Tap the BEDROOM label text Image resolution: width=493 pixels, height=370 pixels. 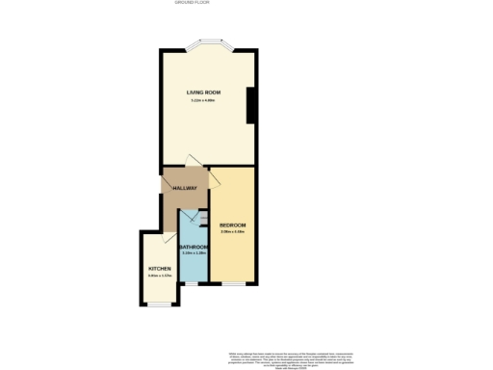[x=233, y=225]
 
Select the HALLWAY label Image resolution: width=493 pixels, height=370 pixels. [x=185, y=187]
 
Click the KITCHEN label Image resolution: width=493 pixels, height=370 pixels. [x=159, y=268]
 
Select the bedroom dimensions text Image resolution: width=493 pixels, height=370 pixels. [x=233, y=231]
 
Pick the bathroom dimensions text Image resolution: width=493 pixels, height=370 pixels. [x=195, y=253]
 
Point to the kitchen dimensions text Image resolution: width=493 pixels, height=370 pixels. [x=159, y=276]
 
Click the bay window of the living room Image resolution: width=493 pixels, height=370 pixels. [x=208, y=43]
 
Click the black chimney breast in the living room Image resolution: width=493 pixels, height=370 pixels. [x=251, y=105]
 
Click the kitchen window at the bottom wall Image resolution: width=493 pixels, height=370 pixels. [x=159, y=304]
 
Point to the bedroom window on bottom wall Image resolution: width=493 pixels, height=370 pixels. [x=233, y=284]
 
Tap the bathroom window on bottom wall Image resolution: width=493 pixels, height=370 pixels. [x=193, y=284]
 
